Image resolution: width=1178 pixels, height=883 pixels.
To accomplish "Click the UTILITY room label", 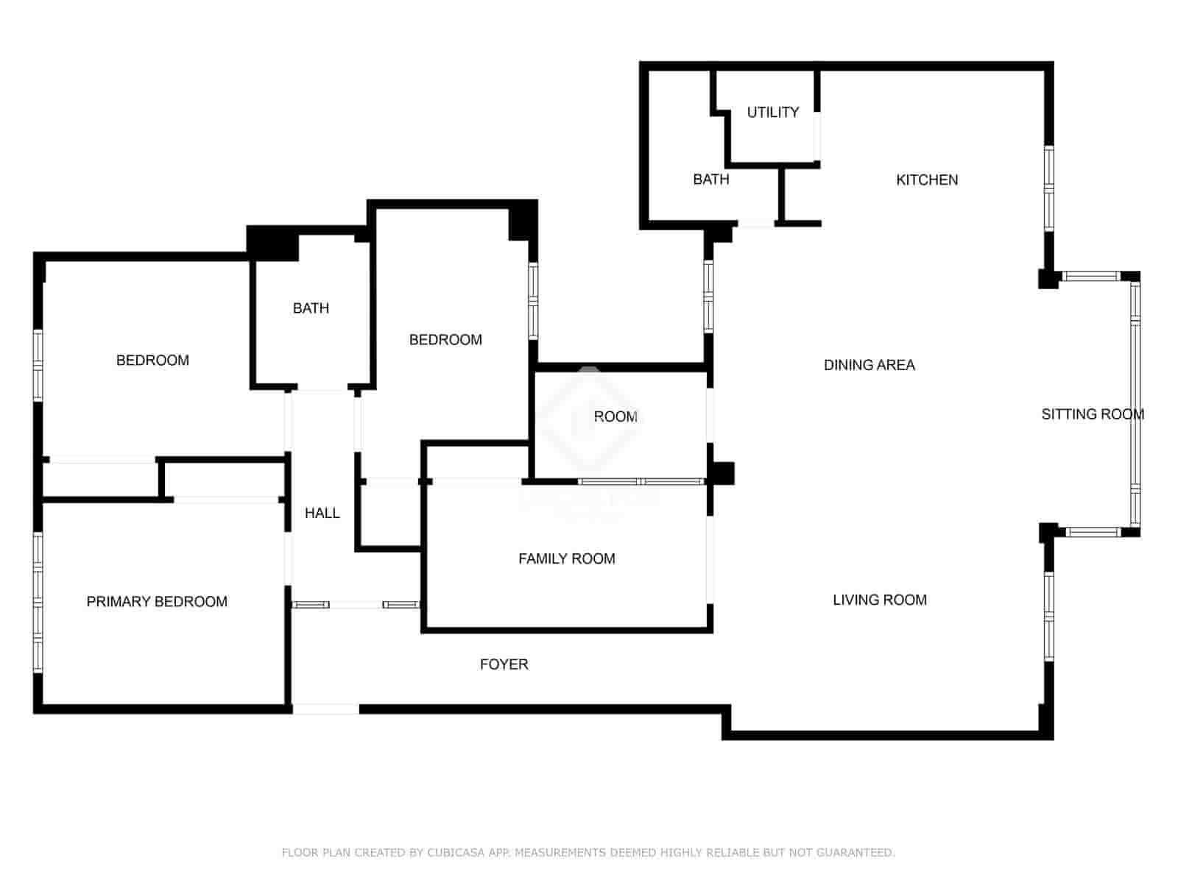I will (772, 112).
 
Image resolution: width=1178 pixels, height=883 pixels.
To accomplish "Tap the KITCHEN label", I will (927, 180).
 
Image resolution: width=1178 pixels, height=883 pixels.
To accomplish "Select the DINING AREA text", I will (869, 365).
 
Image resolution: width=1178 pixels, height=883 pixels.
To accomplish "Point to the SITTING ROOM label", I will (1092, 414).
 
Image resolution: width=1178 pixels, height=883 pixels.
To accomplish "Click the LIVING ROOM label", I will (879, 600).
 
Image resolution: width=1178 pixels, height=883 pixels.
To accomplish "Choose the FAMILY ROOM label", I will (566, 558).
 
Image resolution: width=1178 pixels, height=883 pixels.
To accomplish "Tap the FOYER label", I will (504, 664).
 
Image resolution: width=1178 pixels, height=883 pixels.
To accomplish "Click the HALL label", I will (322, 513).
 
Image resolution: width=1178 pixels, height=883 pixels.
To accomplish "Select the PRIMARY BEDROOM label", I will (157, 601).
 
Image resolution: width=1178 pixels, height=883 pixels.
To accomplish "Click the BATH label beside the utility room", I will (710, 179).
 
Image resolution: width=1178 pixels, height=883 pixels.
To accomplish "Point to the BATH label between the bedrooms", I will (311, 308).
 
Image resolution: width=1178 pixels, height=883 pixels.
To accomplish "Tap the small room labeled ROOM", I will (616, 416).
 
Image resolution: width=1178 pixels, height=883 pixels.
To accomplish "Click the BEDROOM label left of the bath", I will (152, 360).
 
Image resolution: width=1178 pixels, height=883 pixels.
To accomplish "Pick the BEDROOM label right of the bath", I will (445, 339).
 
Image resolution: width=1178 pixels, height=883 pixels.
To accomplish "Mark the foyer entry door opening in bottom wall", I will (325, 709).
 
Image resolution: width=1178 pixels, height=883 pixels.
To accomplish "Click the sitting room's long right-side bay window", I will (1135, 403).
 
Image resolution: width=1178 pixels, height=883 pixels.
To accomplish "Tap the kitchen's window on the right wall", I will (1048, 189).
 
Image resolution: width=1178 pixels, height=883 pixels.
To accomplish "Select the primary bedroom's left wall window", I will (38, 602).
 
